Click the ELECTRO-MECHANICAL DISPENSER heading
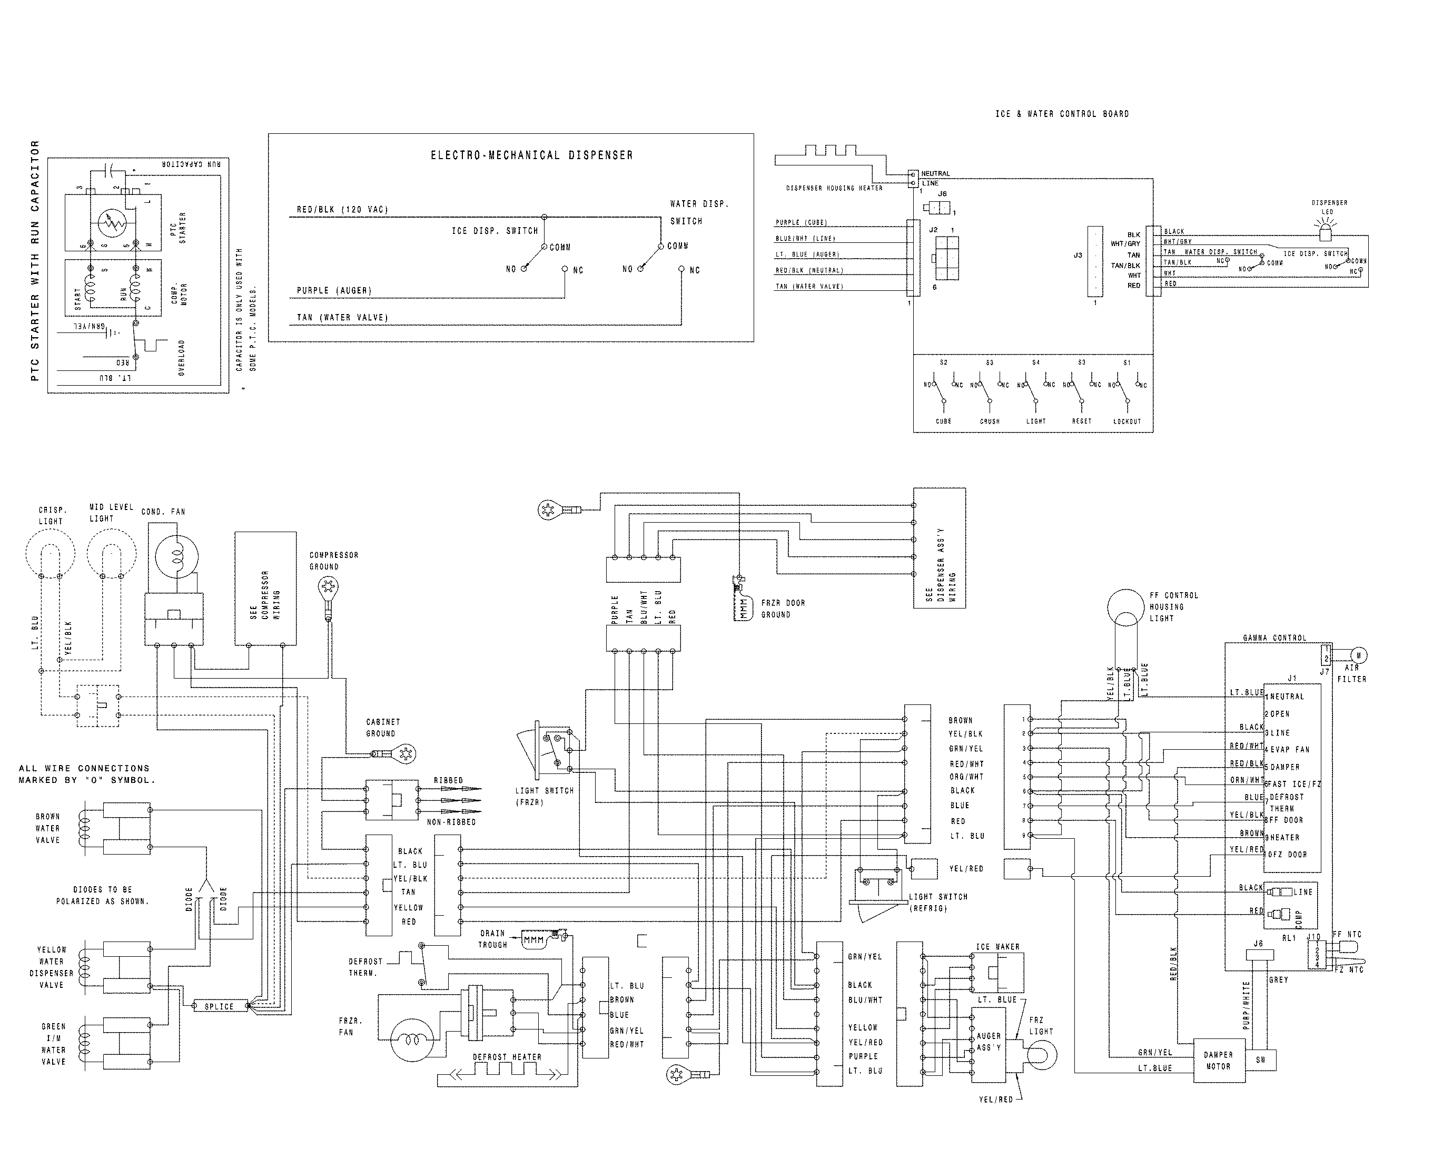(531, 155)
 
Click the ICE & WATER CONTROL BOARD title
(1062, 114)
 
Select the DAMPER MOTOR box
(1219, 1061)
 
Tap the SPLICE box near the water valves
(219, 1006)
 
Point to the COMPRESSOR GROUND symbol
(327, 588)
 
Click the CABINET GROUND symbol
(404, 754)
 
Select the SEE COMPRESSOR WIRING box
(265, 589)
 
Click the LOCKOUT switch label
(1126, 421)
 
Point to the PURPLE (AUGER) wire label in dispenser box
(334, 291)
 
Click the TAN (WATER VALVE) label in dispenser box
(342, 317)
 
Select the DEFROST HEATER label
(507, 1056)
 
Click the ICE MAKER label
(997, 947)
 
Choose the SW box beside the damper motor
(1261, 1060)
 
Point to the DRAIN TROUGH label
(492, 939)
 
